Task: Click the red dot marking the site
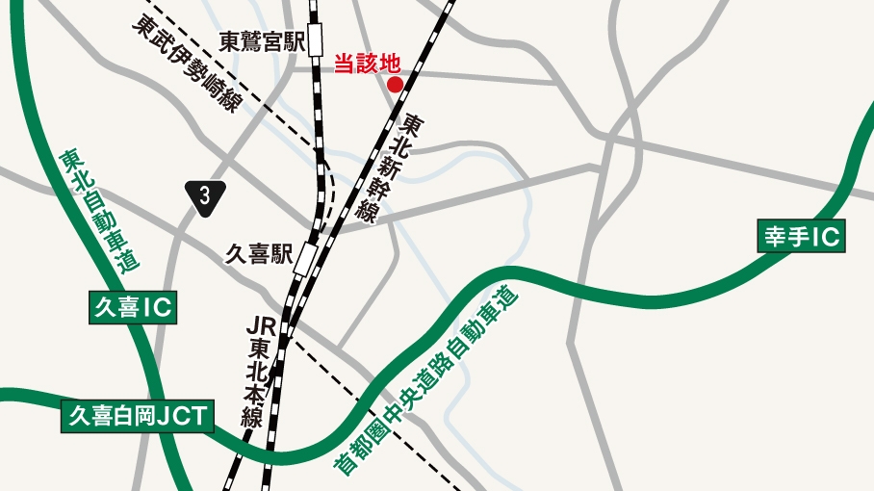(395, 84)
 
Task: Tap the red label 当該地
(366, 64)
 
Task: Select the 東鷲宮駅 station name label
(262, 42)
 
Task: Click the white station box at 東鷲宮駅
(316, 43)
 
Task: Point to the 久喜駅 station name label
(258, 254)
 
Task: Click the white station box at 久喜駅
(305, 258)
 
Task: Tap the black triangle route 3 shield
(206, 195)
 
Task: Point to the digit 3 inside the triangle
(206, 194)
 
